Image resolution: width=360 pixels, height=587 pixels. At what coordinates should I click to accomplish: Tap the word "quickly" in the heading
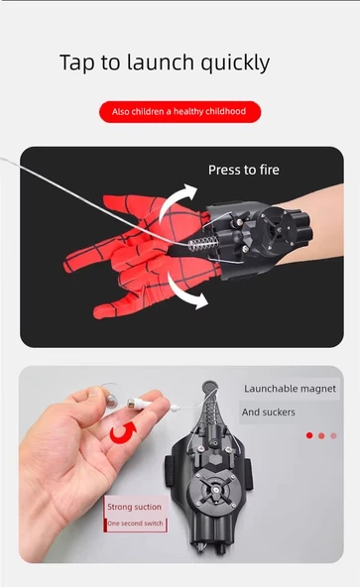coord(235,63)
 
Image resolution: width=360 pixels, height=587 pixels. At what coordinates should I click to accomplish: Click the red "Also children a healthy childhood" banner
coord(180,112)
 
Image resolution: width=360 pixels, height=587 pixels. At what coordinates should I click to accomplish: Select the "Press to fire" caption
coord(244,170)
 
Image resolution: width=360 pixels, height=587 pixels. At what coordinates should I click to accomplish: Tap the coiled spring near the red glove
coord(202,243)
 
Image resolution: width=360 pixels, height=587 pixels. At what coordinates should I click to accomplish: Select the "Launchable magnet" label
coord(290,389)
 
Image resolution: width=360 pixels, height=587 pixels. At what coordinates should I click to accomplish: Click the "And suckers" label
coord(268,412)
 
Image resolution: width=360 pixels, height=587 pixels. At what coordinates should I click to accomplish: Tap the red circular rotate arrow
coord(124,432)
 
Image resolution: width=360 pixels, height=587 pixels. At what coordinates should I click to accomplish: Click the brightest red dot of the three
coord(309,435)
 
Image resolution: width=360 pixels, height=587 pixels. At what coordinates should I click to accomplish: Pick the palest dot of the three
coord(334,435)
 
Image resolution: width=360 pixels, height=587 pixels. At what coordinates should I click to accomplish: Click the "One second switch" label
coord(135,524)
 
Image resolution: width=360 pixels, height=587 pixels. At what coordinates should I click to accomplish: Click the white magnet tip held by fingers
coord(140,404)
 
